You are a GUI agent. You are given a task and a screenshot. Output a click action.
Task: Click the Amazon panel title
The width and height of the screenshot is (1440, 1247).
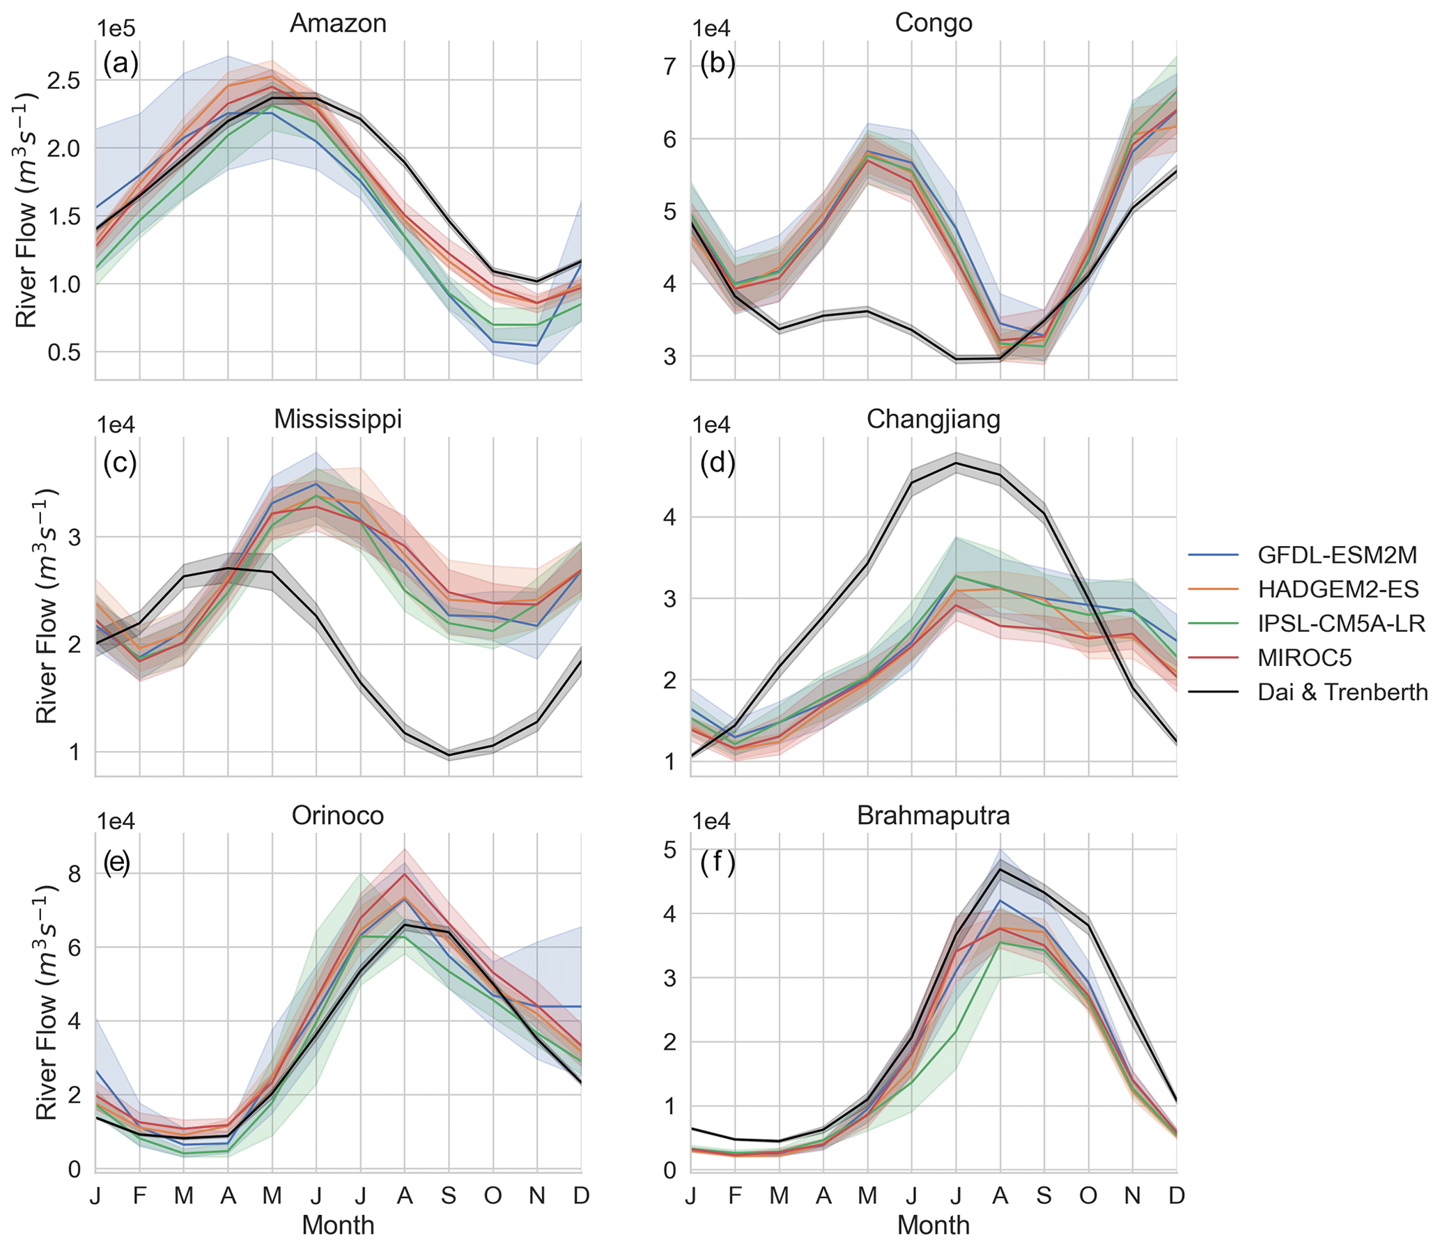tap(338, 24)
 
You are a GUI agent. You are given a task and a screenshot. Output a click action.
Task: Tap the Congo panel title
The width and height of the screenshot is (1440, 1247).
tap(933, 23)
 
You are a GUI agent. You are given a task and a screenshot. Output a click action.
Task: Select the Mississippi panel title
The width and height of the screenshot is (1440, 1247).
tap(338, 419)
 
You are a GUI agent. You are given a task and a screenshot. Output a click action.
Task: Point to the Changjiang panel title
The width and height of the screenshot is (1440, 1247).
tap(933, 419)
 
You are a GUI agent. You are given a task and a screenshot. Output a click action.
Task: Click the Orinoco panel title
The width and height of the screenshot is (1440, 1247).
tap(338, 815)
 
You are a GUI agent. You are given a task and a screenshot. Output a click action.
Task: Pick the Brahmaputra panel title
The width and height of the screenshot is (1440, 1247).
tap(933, 815)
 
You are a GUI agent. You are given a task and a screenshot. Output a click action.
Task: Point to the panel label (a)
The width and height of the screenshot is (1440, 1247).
tap(121, 64)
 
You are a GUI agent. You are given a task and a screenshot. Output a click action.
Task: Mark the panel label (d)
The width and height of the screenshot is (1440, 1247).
tap(717, 463)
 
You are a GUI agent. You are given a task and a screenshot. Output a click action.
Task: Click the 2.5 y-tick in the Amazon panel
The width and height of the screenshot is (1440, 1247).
tap(64, 80)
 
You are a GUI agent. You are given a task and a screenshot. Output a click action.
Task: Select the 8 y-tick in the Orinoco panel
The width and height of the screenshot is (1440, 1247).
tap(75, 874)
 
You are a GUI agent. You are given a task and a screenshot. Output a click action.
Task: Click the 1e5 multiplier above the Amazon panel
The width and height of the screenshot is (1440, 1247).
tap(116, 29)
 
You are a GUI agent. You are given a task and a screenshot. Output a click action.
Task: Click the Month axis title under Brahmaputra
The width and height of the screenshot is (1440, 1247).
tap(933, 1225)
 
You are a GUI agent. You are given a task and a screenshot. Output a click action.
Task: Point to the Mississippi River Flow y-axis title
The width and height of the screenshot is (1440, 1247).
tap(46, 606)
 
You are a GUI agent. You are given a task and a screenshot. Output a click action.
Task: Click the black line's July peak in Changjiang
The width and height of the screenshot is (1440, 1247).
tap(956, 463)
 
